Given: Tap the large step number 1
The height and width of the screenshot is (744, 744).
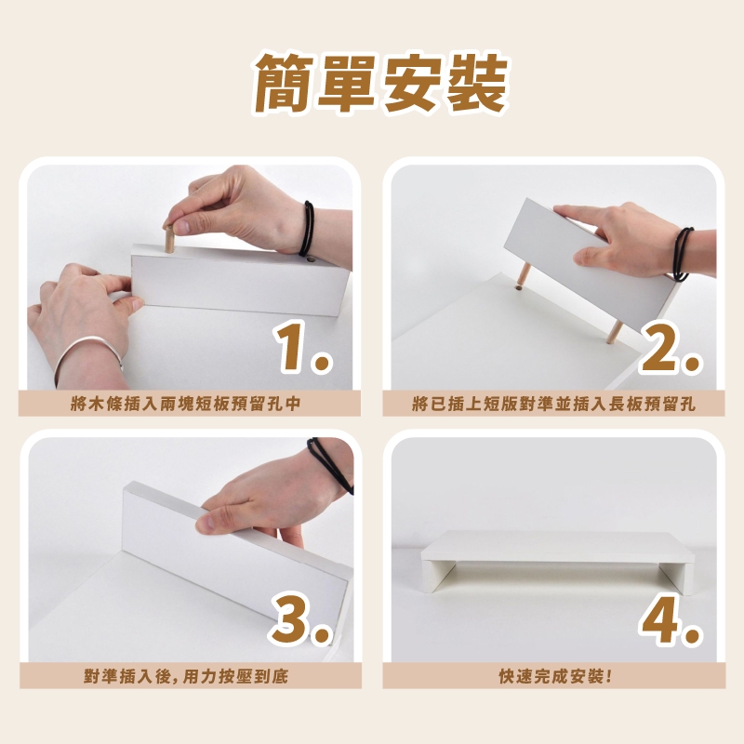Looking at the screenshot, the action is click(x=302, y=346).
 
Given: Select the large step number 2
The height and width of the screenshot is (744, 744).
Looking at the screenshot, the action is click(x=670, y=347).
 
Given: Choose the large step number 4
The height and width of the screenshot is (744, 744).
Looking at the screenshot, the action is click(x=671, y=619).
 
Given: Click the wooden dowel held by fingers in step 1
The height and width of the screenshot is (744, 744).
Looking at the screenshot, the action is click(x=169, y=239).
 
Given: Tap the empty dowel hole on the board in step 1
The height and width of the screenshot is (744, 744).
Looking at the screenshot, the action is click(x=311, y=259).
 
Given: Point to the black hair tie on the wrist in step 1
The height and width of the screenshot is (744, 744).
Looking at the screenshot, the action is click(x=307, y=228).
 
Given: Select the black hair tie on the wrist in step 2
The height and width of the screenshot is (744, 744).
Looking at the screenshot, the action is click(x=682, y=254).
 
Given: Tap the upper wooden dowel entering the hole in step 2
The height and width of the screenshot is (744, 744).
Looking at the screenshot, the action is click(x=524, y=275).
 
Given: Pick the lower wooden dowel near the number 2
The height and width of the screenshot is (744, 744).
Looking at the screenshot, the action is click(x=614, y=332).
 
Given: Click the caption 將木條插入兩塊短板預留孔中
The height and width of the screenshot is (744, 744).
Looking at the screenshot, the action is click(x=185, y=404).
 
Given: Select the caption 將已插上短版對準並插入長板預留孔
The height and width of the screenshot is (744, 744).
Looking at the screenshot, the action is click(x=553, y=404).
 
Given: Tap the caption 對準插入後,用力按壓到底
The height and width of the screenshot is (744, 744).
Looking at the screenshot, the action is click(x=186, y=676).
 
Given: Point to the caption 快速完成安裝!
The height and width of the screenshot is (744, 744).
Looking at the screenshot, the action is click(x=554, y=676).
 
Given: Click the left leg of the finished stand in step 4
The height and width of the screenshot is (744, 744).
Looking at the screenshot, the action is click(x=433, y=575).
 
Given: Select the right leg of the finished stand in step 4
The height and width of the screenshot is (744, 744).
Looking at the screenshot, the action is click(x=677, y=578).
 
